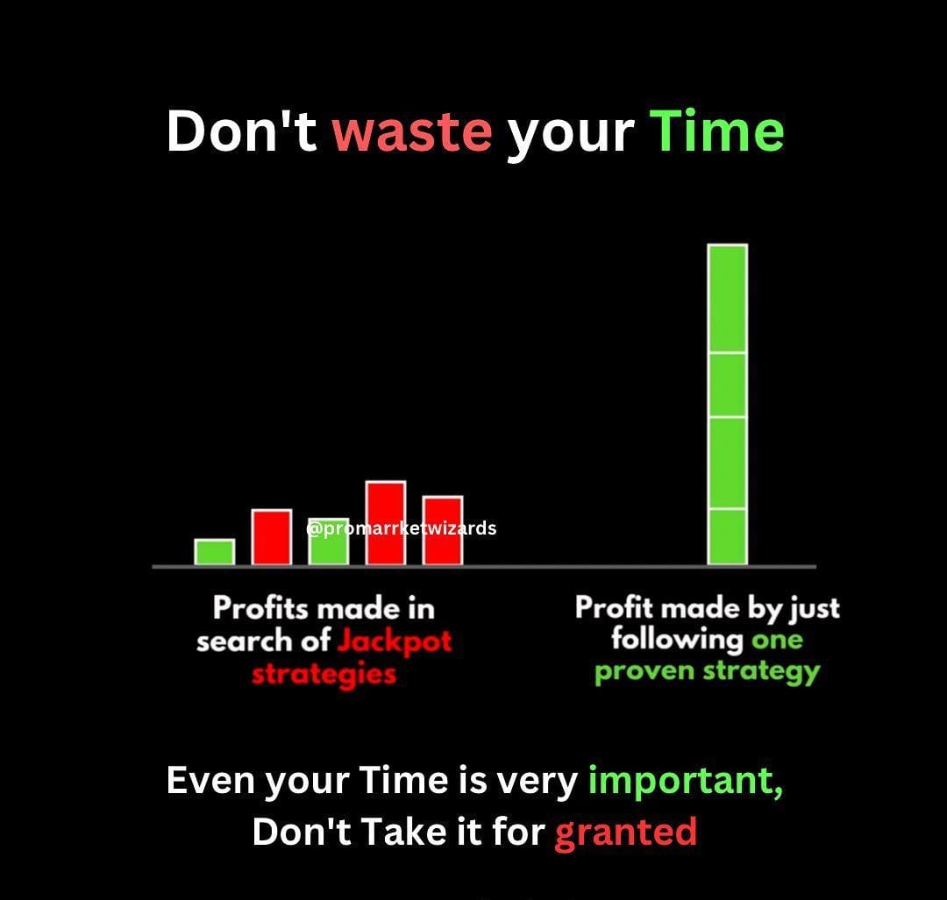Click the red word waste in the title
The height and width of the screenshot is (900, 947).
pyautogui.click(x=412, y=132)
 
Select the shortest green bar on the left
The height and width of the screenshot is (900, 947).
pyautogui.click(x=215, y=552)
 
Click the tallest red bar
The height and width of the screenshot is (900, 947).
pyautogui.click(x=385, y=523)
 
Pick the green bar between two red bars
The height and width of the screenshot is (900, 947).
pyautogui.click(x=329, y=542)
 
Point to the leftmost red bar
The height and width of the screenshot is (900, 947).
pyautogui.click(x=272, y=537)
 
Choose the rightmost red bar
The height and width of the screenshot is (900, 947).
pyautogui.click(x=443, y=530)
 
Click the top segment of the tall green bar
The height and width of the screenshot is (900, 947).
pyautogui.click(x=728, y=298)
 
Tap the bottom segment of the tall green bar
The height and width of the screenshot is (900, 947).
pyautogui.click(x=728, y=537)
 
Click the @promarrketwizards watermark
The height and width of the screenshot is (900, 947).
pyautogui.click(x=401, y=528)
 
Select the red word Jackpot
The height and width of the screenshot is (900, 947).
pyautogui.click(x=394, y=641)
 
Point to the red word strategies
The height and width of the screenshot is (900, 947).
pyautogui.click(x=324, y=674)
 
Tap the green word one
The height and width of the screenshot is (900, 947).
pyautogui.click(x=777, y=640)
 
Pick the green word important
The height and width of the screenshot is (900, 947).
pyautogui.click(x=686, y=781)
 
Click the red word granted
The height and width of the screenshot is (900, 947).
pyautogui.click(x=626, y=833)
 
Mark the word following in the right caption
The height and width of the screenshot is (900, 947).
pyautogui.click(x=677, y=640)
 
